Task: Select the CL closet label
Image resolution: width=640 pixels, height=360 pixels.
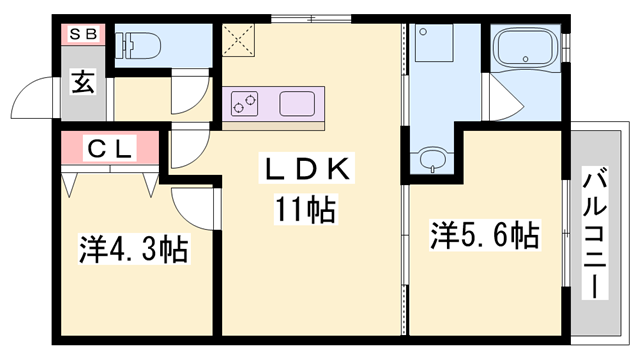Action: [x=109, y=149]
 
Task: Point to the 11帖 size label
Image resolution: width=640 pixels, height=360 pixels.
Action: [x=305, y=209]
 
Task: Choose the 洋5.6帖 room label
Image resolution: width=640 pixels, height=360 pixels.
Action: [x=485, y=236]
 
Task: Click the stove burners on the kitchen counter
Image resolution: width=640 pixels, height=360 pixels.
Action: [x=245, y=102]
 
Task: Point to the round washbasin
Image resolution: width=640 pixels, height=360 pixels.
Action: [x=432, y=158]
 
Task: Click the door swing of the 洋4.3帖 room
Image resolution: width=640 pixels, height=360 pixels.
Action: [x=191, y=205]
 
